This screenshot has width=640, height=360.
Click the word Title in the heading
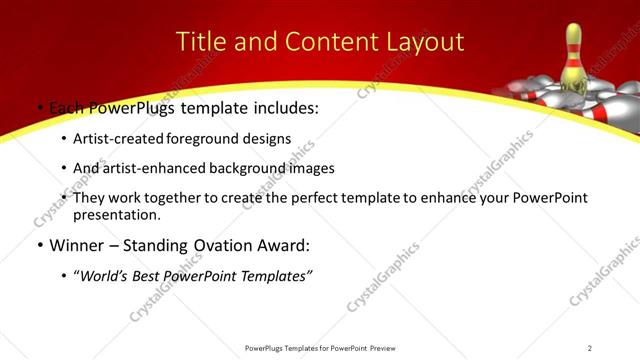click(x=200, y=42)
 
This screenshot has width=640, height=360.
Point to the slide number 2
click(x=590, y=348)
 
